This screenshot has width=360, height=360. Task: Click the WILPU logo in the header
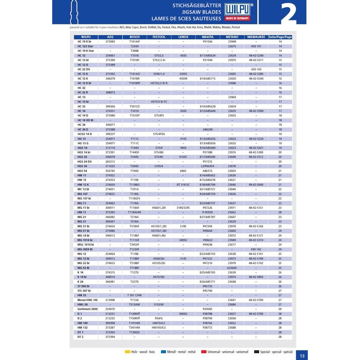(x=238, y=7)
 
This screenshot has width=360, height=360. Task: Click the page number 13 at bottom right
(x=302, y=355)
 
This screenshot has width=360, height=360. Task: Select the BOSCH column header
(x=135, y=37)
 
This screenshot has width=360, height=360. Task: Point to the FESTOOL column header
(x=159, y=37)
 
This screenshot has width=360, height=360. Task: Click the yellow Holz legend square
(x=127, y=351)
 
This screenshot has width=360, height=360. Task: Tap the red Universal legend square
(x=203, y=351)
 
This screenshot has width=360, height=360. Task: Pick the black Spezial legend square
(x=256, y=351)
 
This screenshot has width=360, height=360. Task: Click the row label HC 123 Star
(x=85, y=46)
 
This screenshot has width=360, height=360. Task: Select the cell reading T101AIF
(x=135, y=41)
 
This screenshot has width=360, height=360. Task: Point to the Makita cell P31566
(x=207, y=41)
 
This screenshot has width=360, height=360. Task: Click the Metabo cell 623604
(x=232, y=268)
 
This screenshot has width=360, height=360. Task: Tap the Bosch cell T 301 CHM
(x=135, y=295)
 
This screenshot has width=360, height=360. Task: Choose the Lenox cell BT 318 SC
(x=183, y=184)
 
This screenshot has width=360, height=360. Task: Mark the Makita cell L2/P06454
(x=207, y=166)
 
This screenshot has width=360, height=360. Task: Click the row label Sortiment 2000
(x=87, y=309)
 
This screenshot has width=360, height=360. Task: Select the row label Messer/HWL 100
(x=87, y=300)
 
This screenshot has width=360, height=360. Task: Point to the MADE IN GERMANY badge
(x=238, y=18)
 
